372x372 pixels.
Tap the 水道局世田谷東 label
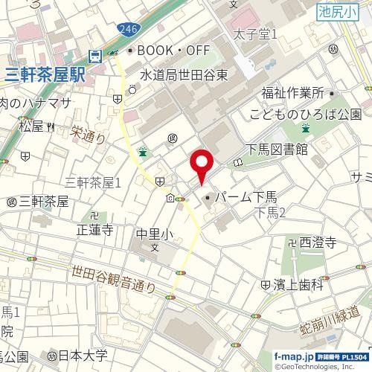click(x=184, y=75)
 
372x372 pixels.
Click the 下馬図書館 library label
click(x=276, y=150)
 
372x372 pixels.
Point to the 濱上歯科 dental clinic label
click(x=304, y=284)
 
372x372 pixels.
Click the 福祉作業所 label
click(x=292, y=94)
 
